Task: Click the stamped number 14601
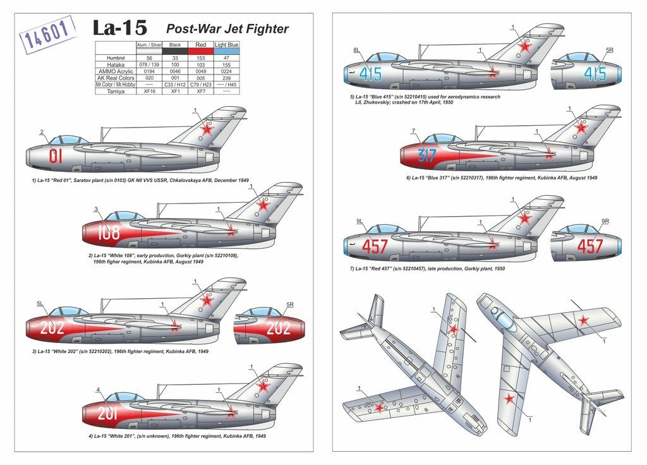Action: pos(48,35)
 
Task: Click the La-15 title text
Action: pos(119,28)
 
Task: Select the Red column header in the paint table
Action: pos(200,45)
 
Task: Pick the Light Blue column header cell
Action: pos(227,45)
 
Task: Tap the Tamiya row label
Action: pos(115,92)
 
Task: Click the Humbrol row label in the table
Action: pos(115,57)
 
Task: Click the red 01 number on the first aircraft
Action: pos(56,155)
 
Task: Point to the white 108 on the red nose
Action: pos(108,233)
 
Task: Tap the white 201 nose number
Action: pos(108,414)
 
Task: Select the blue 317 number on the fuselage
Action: pos(426,155)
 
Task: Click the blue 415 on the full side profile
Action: pos(370,74)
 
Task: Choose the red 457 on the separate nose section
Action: pos(590,246)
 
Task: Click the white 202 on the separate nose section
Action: pos(278,328)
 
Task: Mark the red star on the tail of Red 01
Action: pos(206,129)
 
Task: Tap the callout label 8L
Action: pos(356,50)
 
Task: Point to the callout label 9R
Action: pos(605,222)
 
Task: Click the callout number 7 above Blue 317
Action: pos(413,131)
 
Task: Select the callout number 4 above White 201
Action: pos(98,389)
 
